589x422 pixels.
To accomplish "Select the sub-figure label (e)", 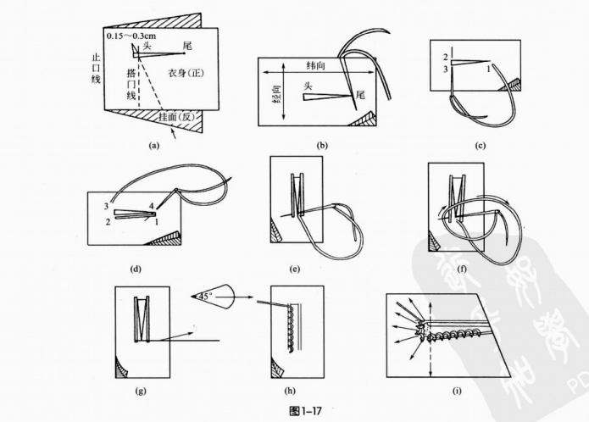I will click(294, 269).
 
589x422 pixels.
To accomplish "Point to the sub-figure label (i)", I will click(457, 391).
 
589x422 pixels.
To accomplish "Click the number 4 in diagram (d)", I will click(152, 206).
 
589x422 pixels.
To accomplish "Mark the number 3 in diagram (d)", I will click(107, 206).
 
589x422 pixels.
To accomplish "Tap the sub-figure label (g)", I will click(141, 391).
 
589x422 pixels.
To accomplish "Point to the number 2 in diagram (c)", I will click(443, 57).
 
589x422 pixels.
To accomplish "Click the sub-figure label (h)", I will click(294, 391).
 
